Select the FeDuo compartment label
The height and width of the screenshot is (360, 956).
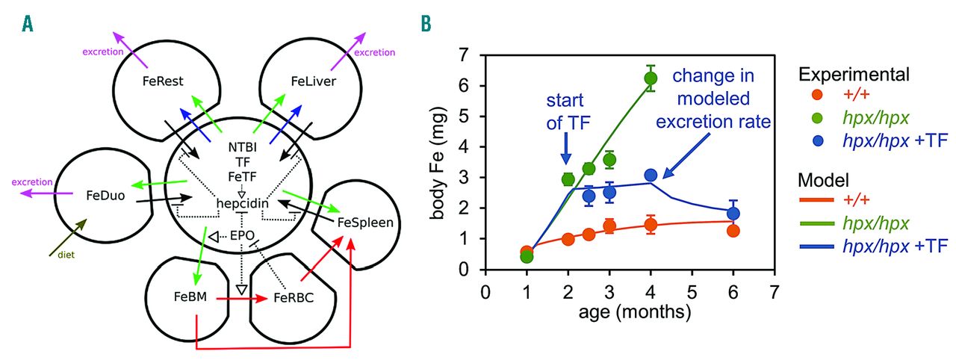click(105, 198)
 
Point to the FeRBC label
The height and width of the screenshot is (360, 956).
click(294, 299)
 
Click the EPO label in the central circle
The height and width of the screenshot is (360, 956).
click(242, 236)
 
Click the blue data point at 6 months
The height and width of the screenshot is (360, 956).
click(733, 213)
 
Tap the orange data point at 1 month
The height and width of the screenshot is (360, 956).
click(527, 252)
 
